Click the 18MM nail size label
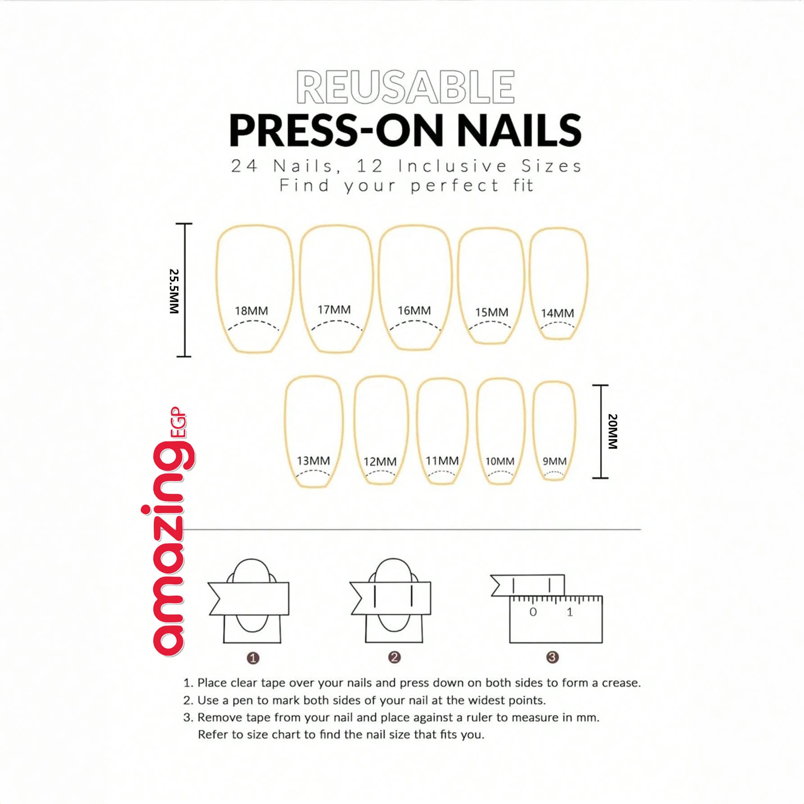[251, 311]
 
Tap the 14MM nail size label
[557, 313]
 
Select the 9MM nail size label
[554, 461]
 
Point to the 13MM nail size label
[313, 461]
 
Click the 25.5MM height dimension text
[174, 291]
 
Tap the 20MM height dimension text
[613, 431]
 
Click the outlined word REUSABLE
[405, 87]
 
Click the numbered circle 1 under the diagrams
[253, 658]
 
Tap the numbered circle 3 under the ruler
[552, 657]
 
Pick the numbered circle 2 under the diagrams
[394, 657]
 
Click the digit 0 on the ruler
[533, 612]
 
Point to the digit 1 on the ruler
[570, 612]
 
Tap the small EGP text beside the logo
[178, 422]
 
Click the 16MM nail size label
[414, 310]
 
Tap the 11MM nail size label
[442, 461]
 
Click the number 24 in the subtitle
[244, 166]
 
